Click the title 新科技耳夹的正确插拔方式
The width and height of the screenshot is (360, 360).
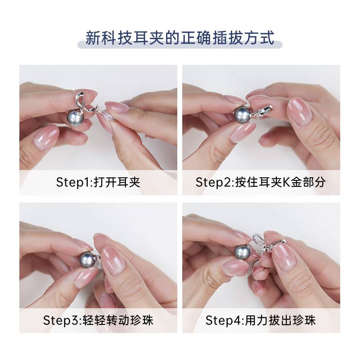pyautogui.click(x=180, y=37)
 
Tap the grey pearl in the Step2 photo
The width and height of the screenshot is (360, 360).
pyautogui.click(x=243, y=114)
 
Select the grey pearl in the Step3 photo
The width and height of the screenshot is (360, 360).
pyautogui.click(x=85, y=259)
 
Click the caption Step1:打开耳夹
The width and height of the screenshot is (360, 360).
pyautogui.click(x=98, y=182)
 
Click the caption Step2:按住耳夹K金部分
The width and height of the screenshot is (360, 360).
pyautogui.click(x=261, y=182)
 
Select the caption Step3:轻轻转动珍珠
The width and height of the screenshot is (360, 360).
pyautogui.click(x=98, y=320)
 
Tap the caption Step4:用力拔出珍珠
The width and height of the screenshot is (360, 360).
pyautogui.click(x=261, y=320)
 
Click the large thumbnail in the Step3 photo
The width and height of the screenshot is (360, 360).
pyautogui.click(x=113, y=259)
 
